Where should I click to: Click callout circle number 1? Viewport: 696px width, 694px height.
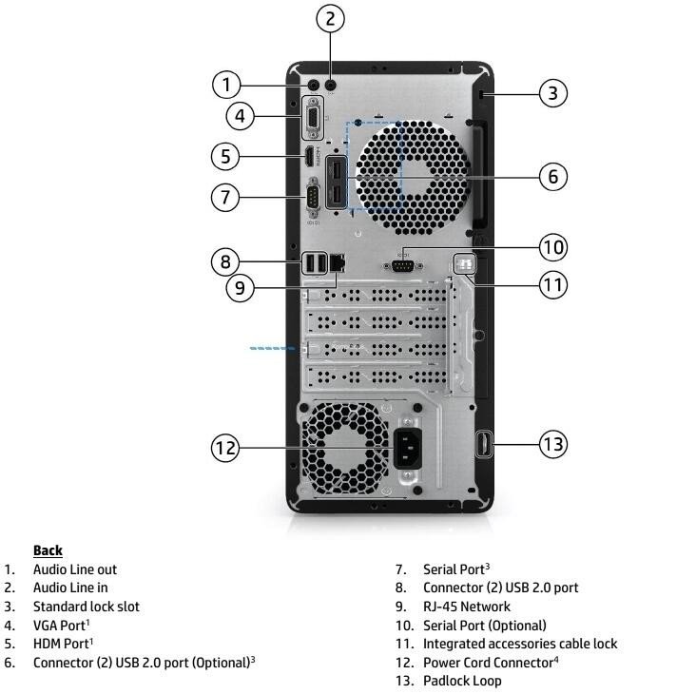(x=226, y=86)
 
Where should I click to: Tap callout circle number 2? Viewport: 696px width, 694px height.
(x=330, y=17)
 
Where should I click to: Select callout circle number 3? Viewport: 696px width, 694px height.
(x=553, y=92)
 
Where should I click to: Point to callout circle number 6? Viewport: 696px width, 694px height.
(x=553, y=177)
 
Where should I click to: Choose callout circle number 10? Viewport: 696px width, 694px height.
(x=553, y=248)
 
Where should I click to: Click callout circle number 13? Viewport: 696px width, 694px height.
(x=553, y=444)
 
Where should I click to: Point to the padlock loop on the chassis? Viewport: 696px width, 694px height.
(x=482, y=444)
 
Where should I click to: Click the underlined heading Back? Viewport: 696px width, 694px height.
(x=48, y=550)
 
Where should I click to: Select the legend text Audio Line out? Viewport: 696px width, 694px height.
(x=75, y=569)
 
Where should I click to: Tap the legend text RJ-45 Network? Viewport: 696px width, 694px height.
(x=466, y=607)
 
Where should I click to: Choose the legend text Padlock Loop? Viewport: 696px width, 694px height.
(x=462, y=681)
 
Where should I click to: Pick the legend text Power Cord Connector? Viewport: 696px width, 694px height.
(x=488, y=662)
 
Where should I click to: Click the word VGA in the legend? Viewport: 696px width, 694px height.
(x=47, y=625)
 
